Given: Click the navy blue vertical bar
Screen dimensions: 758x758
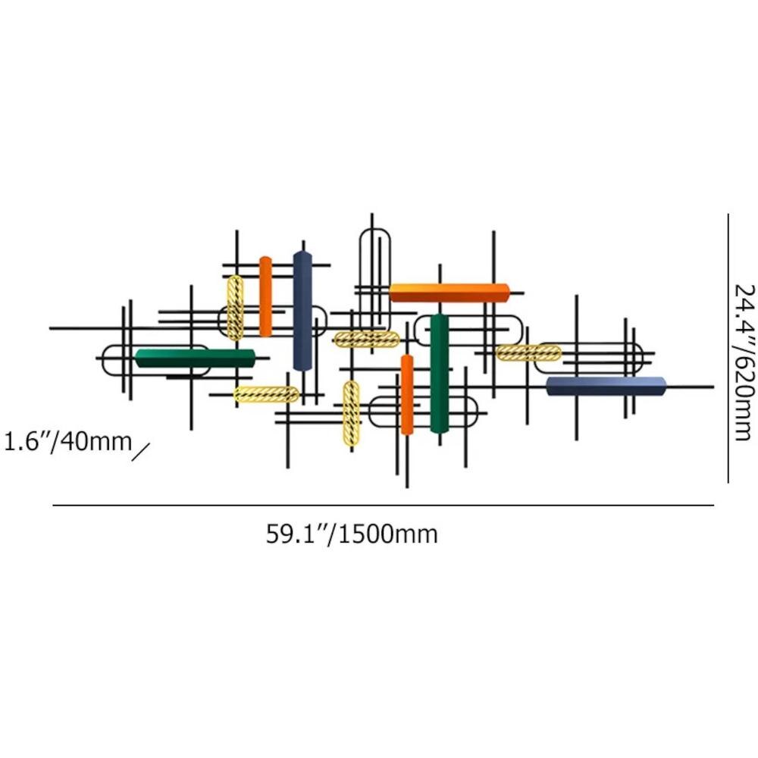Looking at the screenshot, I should coord(302,311).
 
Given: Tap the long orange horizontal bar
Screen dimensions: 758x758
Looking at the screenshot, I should coord(449,293).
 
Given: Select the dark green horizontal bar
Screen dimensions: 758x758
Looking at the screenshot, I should coord(195,359).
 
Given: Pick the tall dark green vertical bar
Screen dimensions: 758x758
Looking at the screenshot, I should coord(440,373).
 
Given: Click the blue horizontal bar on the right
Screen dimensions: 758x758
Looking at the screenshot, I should coord(606,386).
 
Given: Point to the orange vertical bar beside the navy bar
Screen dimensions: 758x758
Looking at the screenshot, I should coord(265,296).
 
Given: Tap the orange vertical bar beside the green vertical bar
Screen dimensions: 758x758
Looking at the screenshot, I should coord(407,394).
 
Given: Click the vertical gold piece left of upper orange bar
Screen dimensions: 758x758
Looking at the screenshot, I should coord(236,308).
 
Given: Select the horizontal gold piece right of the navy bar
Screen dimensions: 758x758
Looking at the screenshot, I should coord(366,339).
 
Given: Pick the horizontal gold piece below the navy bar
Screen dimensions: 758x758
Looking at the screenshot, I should coord(266,394).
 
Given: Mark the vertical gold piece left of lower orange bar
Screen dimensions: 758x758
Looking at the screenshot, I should coord(351,414).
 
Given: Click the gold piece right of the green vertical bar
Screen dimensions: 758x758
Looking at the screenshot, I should coord(528,352).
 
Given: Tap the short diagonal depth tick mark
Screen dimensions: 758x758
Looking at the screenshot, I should coord(140,452).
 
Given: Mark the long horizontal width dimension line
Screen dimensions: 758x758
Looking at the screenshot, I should coord(383,505).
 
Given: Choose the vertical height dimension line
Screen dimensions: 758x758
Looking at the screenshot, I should coord(728,349).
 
